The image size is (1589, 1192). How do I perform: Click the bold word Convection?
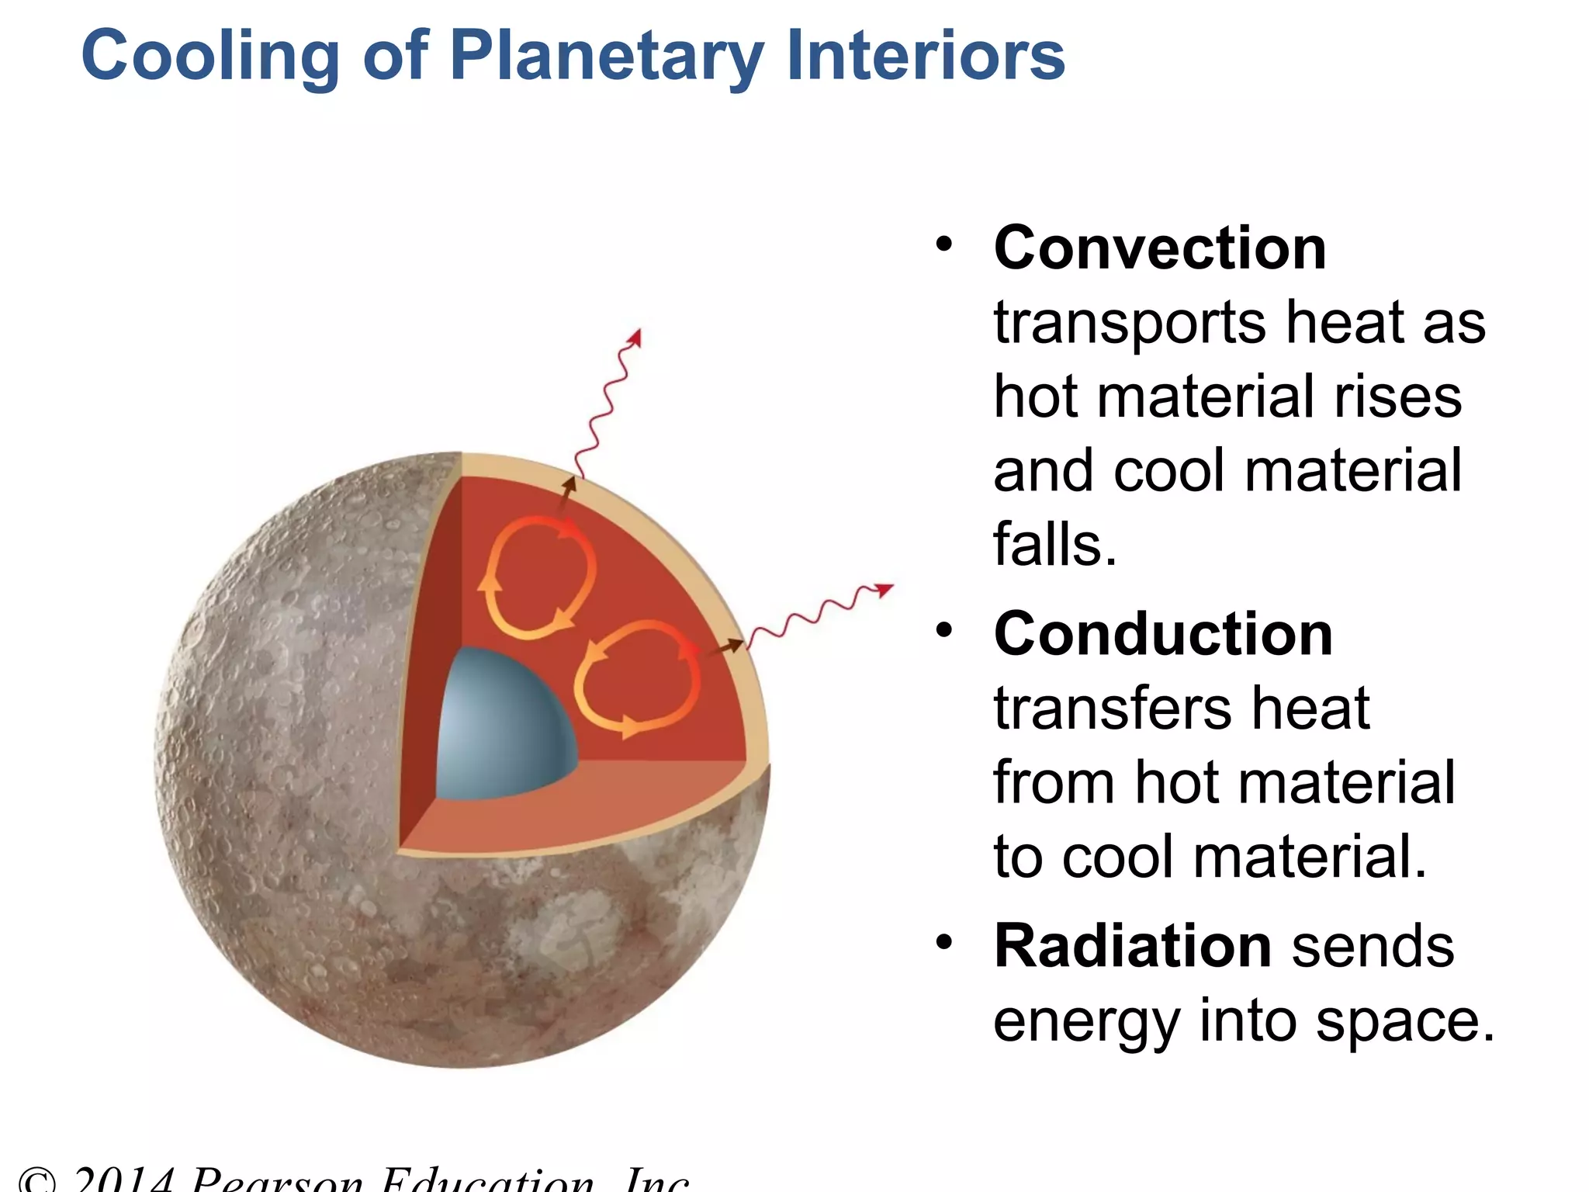click(x=1160, y=248)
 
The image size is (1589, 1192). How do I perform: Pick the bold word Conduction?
click(x=1163, y=634)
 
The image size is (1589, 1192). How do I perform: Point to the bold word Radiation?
click(x=1133, y=946)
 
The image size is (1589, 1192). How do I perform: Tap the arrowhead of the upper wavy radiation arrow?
click(x=635, y=337)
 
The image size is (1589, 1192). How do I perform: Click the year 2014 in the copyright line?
click(x=124, y=1181)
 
